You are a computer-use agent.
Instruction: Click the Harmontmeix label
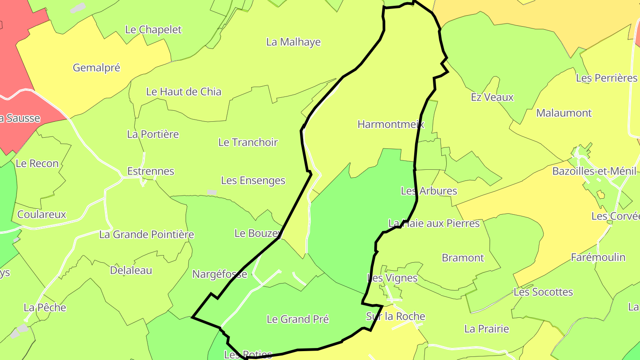pyautogui.click(x=391, y=124)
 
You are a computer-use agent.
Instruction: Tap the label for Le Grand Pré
pyautogui.click(x=298, y=319)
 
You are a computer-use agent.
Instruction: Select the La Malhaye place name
pyautogui.click(x=293, y=42)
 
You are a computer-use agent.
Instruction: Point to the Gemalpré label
pyautogui.click(x=96, y=68)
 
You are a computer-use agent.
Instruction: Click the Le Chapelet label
pyautogui.click(x=153, y=30)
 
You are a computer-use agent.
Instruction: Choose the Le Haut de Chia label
pyautogui.click(x=184, y=92)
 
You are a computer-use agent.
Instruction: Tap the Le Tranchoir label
pyautogui.click(x=248, y=143)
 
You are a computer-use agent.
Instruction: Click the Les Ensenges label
pyautogui.click(x=253, y=181)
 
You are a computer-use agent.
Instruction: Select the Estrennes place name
pyautogui.click(x=151, y=172)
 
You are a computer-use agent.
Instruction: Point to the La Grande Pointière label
pyautogui.click(x=146, y=235)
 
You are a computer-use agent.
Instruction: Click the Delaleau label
pyautogui.click(x=131, y=271)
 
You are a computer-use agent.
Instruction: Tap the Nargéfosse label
pyautogui.click(x=220, y=275)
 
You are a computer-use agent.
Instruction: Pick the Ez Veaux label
pyautogui.click(x=492, y=97)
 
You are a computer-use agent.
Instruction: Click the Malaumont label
pyautogui.click(x=564, y=113)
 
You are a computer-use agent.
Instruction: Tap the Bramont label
pyautogui.click(x=463, y=258)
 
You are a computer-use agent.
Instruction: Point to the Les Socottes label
pyautogui.click(x=543, y=292)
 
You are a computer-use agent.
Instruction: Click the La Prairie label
pyautogui.click(x=487, y=329)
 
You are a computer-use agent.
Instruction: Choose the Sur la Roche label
pyautogui.click(x=396, y=317)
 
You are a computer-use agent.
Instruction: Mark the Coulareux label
pyautogui.click(x=41, y=215)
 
